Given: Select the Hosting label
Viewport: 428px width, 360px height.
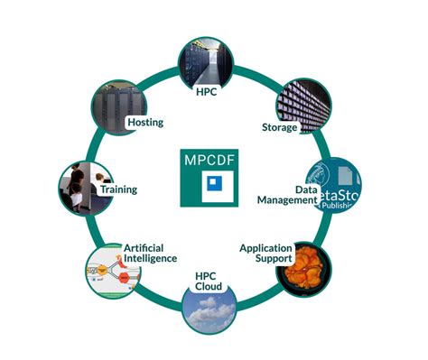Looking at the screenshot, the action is pos(145,122).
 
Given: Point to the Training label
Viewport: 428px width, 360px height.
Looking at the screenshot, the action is pos(118,189).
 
